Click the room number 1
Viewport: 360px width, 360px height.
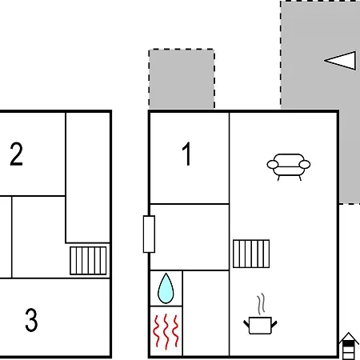187,154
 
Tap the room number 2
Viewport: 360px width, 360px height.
16,154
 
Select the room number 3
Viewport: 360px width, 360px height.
31,320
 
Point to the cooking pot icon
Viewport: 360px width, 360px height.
260,325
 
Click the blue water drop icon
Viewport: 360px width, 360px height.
166,288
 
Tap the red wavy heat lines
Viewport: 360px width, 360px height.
166,331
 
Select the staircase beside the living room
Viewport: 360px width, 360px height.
251,254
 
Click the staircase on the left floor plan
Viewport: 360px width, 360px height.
88,261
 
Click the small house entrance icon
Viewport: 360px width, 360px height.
349,346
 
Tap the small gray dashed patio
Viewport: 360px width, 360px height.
182,79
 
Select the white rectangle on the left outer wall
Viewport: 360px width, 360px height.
149,234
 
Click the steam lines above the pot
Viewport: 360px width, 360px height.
262,304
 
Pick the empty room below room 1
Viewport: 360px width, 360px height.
190,237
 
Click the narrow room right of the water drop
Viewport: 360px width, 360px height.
206,313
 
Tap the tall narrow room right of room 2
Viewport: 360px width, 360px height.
88,178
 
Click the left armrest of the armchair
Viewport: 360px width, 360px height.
273,164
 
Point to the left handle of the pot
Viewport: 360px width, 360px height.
246,324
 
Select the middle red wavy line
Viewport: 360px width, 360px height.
166,331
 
